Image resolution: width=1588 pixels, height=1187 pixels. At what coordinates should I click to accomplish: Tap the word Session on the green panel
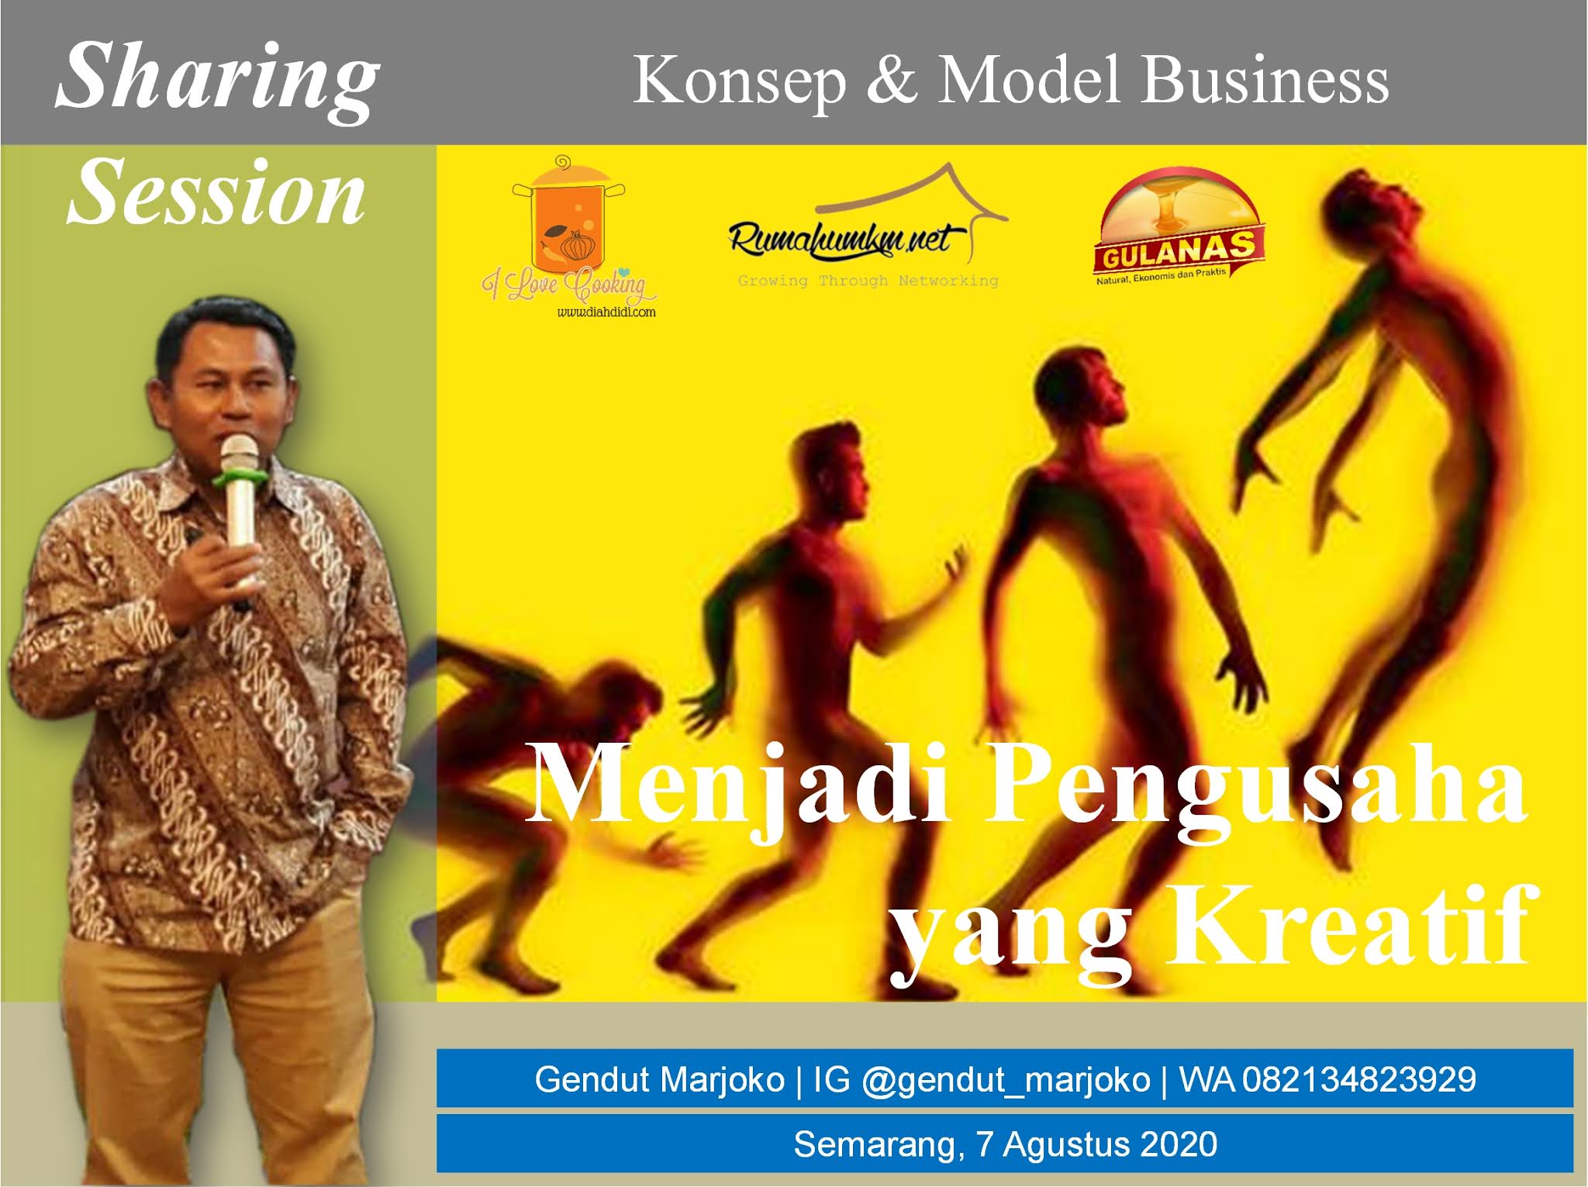(x=216, y=192)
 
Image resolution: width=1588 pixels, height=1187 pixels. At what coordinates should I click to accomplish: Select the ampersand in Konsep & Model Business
(x=892, y=80)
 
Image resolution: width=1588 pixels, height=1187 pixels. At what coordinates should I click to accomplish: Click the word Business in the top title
(x=1265, y=80)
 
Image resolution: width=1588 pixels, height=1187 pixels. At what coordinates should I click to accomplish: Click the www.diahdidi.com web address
(x=606, y=312)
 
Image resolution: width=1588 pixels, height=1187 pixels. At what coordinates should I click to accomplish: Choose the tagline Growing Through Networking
(x=868, y=281)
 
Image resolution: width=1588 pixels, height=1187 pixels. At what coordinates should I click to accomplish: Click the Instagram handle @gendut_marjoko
(x=1006, y=1080)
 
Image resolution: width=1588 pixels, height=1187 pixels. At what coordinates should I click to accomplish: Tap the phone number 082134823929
(x=1359, y=1079)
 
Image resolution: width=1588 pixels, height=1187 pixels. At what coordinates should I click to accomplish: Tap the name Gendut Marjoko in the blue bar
(x=660, y=1080)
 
